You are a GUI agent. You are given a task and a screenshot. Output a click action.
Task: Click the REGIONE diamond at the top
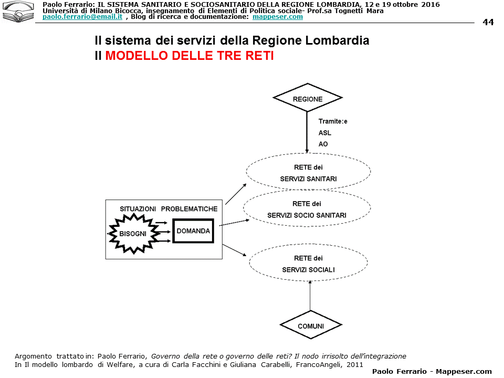(308, 98)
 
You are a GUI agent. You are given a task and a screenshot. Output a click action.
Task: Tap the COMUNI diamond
(310, 325)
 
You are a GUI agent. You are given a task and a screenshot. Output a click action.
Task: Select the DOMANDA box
(193, 231)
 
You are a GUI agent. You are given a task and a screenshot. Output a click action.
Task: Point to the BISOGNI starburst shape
(133, 233)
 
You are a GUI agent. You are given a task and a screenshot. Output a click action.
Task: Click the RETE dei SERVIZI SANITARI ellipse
(308, 173)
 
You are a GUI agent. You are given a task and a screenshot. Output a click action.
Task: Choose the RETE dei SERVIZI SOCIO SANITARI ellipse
(307, 209)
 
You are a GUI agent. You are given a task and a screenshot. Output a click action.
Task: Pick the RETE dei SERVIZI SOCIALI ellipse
(308, 264)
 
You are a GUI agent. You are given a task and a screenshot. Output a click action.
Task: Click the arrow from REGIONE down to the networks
(307, 131)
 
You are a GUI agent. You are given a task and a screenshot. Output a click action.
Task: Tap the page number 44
(488, 22)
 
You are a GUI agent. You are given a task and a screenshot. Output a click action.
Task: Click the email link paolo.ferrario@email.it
(82, 17)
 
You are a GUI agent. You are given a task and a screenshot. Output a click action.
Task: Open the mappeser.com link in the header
(277, 17)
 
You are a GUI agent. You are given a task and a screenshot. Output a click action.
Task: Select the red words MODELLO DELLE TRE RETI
(190, 56)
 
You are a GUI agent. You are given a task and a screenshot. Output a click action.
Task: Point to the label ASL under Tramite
(325, 133)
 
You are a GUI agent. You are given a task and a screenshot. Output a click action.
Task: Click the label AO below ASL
(323, 144)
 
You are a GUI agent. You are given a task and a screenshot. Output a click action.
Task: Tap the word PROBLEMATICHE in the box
(189, 209)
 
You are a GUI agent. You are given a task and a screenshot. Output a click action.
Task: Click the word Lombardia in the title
(340, 40)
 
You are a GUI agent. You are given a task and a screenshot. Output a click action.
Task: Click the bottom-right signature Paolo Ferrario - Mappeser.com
(432, 371)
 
